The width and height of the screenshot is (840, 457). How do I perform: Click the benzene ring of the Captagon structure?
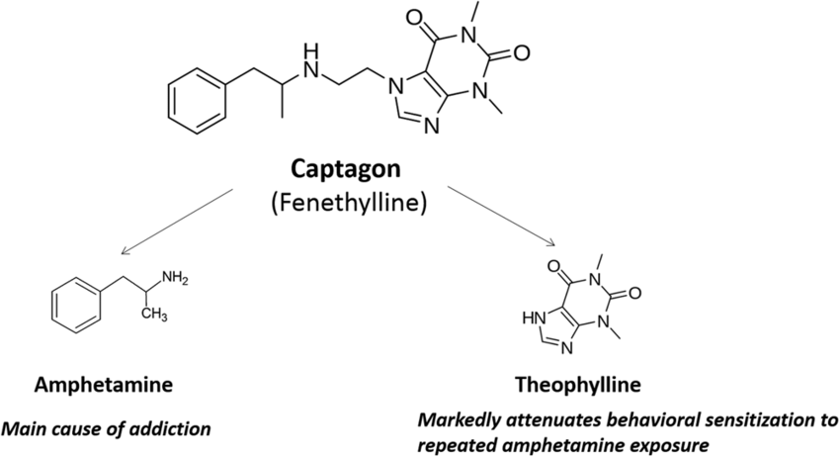[x=195, y=102]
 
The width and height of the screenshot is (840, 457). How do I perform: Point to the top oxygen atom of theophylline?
[x=563, y=264]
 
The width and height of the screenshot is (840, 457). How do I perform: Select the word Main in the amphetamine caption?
[x=22, y=429]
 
